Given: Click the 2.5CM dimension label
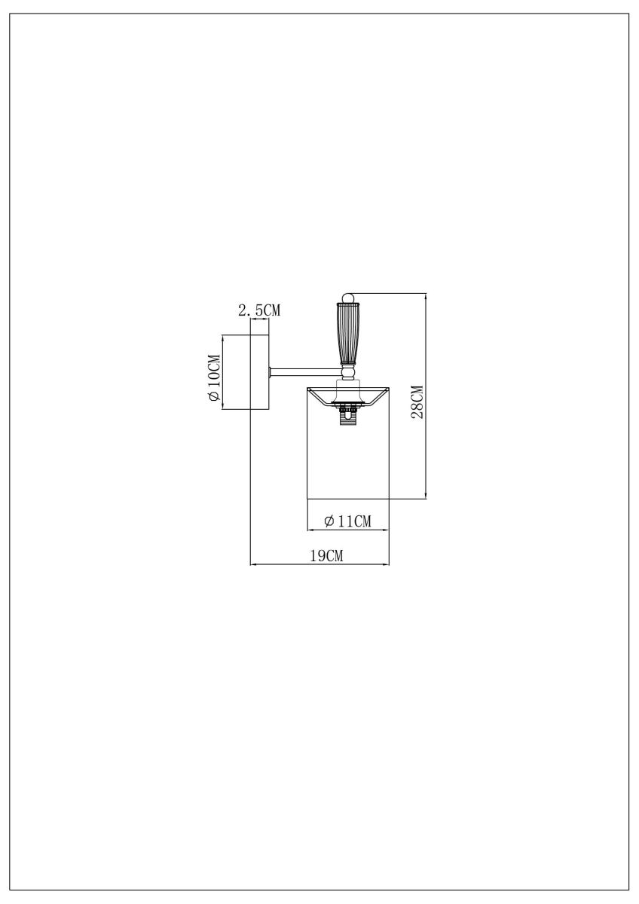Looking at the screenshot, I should coord(258,310).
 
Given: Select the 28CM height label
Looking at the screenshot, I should coord(417,401).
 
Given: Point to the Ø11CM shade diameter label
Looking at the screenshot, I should coord(347,521).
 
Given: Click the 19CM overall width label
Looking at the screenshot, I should coord(327,556).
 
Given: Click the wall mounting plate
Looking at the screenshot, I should coord(259,372).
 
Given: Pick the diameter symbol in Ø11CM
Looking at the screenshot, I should coord(329,521).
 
